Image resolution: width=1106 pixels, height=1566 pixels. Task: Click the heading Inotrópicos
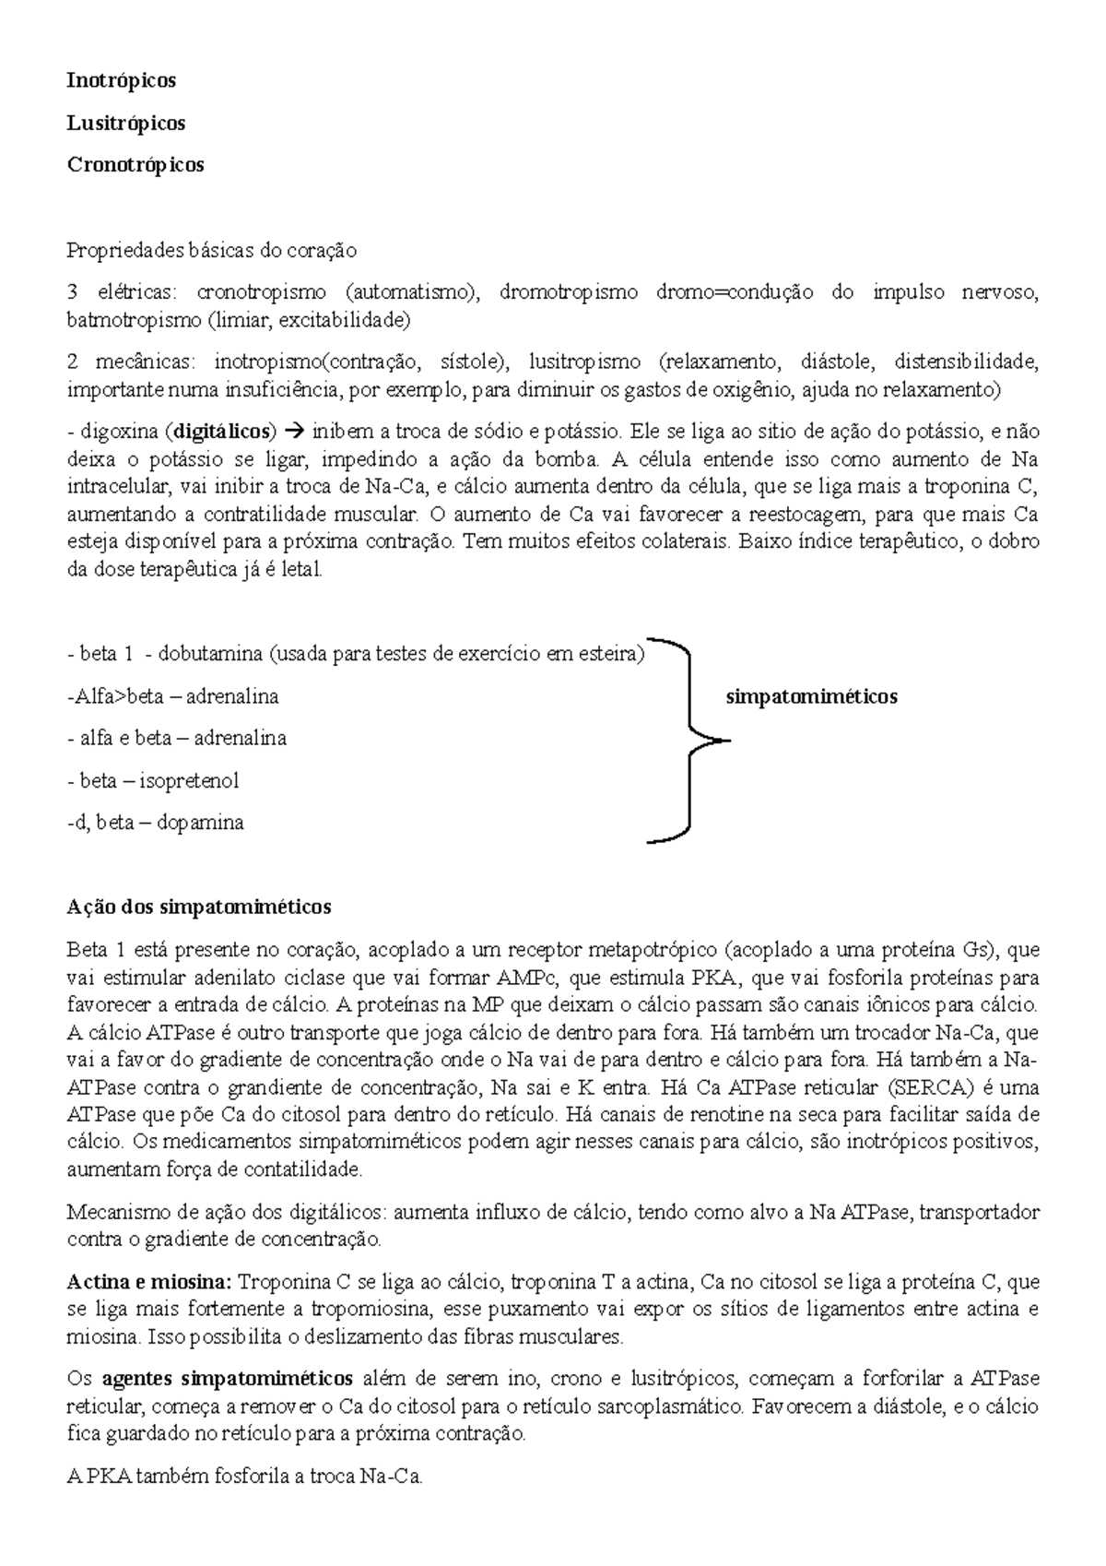[x=121, y=80]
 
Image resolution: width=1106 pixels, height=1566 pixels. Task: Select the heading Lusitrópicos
[x=125, y=123]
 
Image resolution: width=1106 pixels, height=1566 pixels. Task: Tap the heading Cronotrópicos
[x=135, y=165]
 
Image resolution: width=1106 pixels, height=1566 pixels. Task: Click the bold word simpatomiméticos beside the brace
[x=811, y=696]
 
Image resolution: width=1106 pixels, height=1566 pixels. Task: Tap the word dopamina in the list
[x=200, y=823]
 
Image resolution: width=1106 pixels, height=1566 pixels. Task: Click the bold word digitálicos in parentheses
[x=225, y=431]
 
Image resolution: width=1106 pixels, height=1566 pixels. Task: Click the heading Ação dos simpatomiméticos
[x=198, y=907]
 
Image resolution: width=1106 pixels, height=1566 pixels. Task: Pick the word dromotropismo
[x=568, y=292]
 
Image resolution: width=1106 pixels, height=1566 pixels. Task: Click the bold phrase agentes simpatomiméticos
[x=227, y=1380]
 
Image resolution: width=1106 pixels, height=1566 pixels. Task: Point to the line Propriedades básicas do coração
[x=211, y=250]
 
